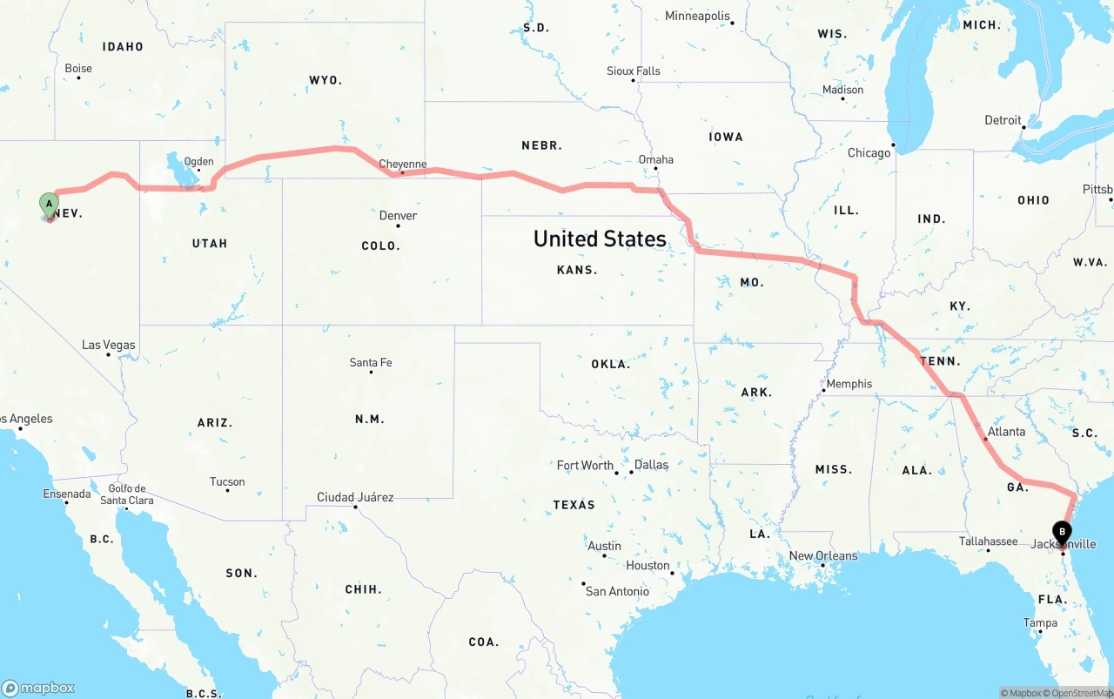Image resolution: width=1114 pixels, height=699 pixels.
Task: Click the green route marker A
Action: [50, 205]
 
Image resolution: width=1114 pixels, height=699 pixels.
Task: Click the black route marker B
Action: [1062, 531]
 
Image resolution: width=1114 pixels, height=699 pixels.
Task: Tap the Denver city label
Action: [398, 216]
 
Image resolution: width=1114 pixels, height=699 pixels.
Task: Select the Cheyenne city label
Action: [402, 164]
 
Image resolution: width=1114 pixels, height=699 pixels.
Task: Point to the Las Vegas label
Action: [109, 345]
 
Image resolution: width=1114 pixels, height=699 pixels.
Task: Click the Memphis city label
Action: [849, 384]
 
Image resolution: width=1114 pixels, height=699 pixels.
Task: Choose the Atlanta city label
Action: [1006, 432]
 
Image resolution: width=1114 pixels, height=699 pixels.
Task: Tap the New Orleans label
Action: [822, 556]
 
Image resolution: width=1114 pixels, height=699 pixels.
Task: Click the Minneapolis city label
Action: [697, 16]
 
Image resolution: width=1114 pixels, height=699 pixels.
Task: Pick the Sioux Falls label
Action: [634, 71]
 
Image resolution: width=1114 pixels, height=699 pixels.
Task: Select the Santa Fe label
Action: [371, 362]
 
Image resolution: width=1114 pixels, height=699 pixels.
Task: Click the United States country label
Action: [600, 239]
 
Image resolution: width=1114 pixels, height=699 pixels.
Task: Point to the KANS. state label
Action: [577, 270]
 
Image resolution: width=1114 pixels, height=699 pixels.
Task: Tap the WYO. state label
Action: [325, 80]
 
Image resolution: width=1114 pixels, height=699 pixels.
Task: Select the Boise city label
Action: [78, 69]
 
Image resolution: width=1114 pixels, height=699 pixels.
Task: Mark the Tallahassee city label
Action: [988, 541]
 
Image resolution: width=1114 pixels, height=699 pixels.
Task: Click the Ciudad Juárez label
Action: [355, 497]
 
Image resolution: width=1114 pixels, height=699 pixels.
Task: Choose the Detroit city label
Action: [1003, 120]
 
